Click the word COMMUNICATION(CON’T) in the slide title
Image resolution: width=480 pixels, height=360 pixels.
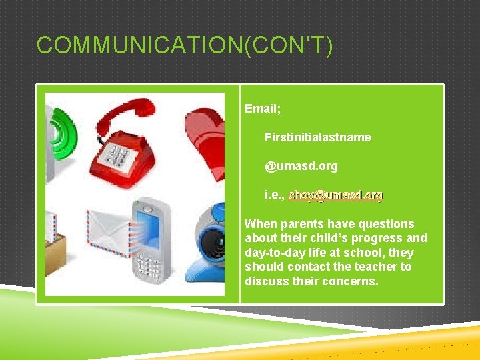[x=184, y=46]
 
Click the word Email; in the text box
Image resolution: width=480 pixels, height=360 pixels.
[x=263, y=108]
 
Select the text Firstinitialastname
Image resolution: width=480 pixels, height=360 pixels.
[x=317, y=137]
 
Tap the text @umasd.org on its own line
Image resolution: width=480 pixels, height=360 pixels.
[x=301, y=166]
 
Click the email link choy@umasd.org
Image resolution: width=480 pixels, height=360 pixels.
[x=336, y=195]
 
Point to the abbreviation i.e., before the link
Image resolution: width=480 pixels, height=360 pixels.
[x=275, y=195]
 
